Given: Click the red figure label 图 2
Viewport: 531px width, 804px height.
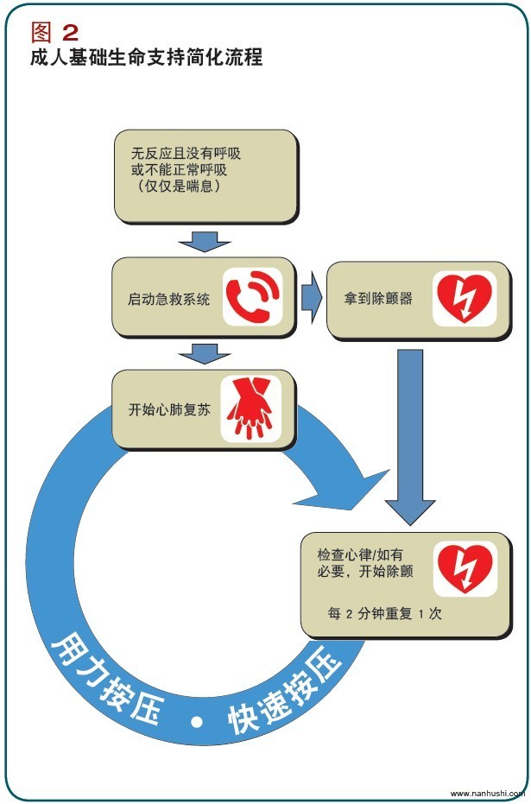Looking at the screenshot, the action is [55, 32].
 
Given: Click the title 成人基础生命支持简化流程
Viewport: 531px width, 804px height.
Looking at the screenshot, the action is [147, 56].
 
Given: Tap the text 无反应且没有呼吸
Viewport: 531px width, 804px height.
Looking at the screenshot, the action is [186, 153].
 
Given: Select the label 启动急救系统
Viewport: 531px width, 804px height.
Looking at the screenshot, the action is [168, 299].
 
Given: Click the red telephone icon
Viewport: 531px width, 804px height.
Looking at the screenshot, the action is [253, 296].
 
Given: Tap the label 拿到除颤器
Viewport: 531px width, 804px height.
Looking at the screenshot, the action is [378, 298].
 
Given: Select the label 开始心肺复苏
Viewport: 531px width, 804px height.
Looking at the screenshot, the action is [169, 409].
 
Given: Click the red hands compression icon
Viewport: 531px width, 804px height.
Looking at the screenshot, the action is [250, 408].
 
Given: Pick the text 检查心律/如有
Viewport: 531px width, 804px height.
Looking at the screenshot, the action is [360, 554].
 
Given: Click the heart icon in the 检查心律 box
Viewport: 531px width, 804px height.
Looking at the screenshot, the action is [465, 568].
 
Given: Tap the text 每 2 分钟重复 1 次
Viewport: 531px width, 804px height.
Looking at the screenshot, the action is [384, 613].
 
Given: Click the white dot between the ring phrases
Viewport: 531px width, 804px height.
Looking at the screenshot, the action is [197, 722].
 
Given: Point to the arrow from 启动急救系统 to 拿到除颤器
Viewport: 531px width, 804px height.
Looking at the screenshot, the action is [312, 298].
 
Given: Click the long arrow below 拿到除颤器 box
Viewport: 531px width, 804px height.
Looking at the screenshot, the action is [410, 437].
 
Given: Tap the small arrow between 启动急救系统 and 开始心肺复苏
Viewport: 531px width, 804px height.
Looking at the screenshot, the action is [205, 353].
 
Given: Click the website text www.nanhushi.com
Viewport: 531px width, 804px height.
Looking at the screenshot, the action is [488, 794].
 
